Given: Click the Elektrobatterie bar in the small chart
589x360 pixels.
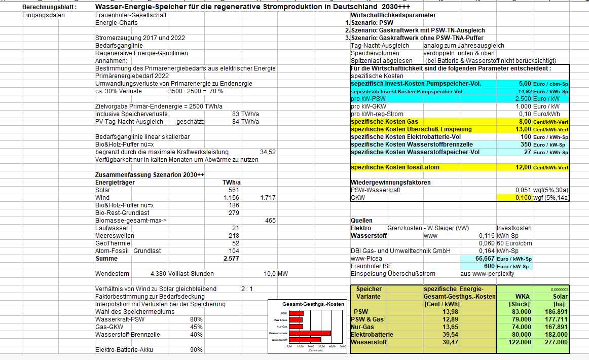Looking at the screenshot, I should pyautogui.click(x=310, y=333).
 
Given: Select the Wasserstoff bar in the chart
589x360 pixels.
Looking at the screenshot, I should pyautogui.click(x=305, y=339).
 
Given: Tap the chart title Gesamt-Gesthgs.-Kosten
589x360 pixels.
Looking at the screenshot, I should pyautogui.click(x=313, y=304).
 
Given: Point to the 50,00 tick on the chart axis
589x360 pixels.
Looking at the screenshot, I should pyautogui.click(x=343, y=346).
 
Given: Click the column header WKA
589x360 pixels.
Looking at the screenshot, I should pyautogui.click(x=523, y=296).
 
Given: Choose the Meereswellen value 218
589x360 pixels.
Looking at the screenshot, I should pyautogui.click(x=234, y=236).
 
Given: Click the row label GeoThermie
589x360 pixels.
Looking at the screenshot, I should pyautogui.click(x=113, y=243).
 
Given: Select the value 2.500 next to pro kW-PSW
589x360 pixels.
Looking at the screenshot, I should pyautogui.click(x=522, y=99).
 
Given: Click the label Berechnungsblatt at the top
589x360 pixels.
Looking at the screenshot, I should pyautogui.click(x=50, y=7).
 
